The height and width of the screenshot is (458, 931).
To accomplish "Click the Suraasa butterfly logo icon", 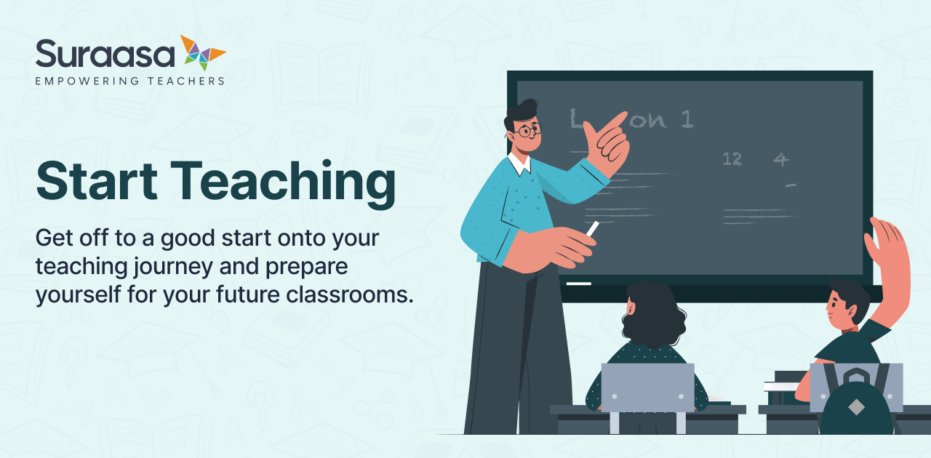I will click(203, 52).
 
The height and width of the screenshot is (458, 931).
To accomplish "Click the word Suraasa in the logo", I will click(105, 54).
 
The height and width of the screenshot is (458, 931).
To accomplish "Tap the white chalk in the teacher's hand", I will click(593, 228).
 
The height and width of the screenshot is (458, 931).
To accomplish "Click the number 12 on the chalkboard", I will click(732, 158).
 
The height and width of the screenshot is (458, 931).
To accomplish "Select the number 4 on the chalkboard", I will click(780, 158).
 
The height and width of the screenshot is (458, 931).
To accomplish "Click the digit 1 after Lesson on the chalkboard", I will click(687, 118).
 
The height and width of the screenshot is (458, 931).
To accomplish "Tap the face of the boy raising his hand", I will click(836, 305).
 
